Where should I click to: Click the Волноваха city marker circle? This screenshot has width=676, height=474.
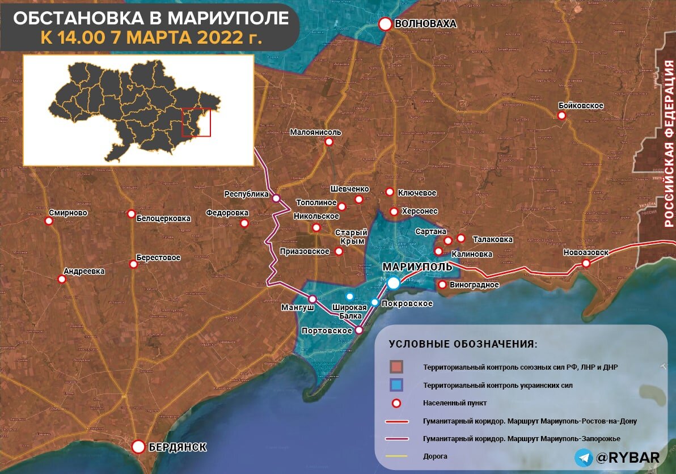(x=386, y=24)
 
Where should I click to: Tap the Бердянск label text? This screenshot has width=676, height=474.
(x=177, y=447)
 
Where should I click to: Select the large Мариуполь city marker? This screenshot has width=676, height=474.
(x=393, y=282)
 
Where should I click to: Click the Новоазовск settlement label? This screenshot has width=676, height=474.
(x=586, y=252)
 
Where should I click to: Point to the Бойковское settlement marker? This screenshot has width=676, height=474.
(x=561, y=116)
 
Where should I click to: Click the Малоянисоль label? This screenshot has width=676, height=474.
(x=315, y=132)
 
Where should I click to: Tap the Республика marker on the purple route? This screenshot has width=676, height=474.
(x=276, y=198)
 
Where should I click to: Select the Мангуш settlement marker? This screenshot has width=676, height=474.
(x=312, y=299)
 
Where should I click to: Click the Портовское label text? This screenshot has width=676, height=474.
(x=327, y=331)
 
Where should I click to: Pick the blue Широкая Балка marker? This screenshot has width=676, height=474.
(x=350, y=297)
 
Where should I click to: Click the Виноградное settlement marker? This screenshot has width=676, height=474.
(x=442, y=285)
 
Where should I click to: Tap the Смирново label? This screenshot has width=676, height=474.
(x=68, y=213)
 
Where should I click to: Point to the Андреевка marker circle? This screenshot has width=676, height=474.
(x=62, y=279)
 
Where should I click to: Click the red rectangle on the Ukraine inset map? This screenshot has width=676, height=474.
(x=196, y=122)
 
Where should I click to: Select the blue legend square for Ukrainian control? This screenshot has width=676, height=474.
(x=396, y=385)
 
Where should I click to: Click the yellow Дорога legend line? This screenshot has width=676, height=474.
(x=400, y=456)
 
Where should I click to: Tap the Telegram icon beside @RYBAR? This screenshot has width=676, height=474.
(x=584, y=458)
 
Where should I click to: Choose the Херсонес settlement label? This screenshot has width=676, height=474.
(x=420, y=211)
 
